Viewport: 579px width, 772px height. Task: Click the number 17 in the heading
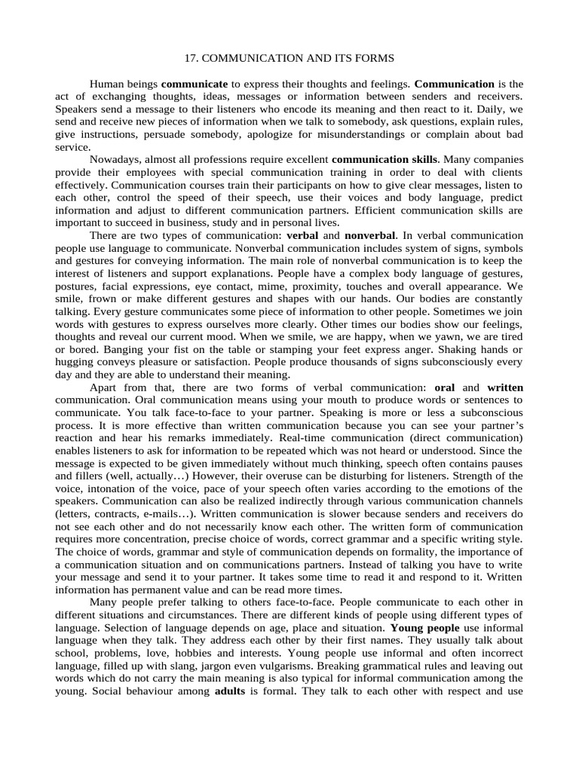click(191, 58)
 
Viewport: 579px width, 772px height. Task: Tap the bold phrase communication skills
click(384, 160)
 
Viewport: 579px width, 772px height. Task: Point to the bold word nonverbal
click(370, 236)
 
